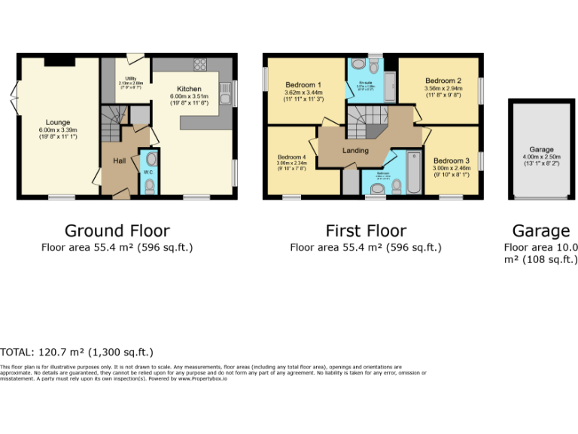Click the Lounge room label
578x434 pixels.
(58, 122)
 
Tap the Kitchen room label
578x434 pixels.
(189, 89)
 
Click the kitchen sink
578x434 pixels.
(224, 94)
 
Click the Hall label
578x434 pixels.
(120, 160)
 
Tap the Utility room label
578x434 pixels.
(130, 77)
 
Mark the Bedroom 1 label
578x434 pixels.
(304, 84)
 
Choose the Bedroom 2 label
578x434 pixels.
(443, 81)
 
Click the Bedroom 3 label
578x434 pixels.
(451, 160)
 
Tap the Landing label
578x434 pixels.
(355, 150)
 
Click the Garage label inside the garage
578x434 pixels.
(540, 149)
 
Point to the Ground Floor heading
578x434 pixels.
(117, 231)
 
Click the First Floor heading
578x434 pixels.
(366, 231)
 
